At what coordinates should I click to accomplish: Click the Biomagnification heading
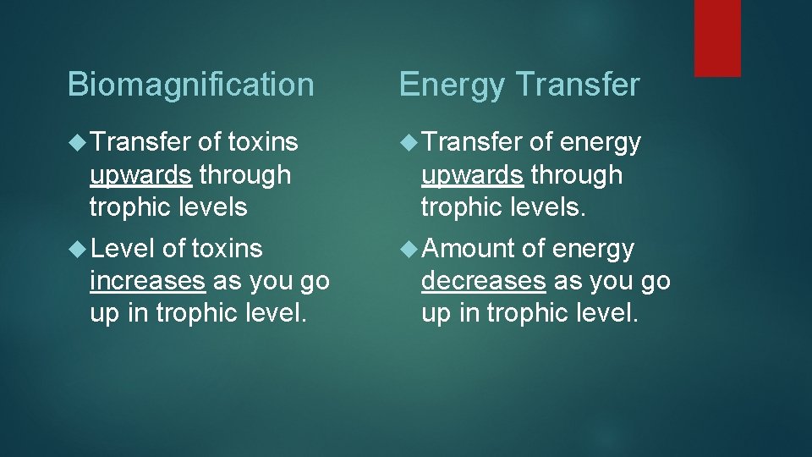(190, 85)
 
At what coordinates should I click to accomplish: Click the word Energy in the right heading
(448, 85)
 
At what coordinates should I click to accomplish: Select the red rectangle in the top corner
(717, 38)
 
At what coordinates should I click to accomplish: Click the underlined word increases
(147, 281)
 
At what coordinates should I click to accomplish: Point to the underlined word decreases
(483, 281)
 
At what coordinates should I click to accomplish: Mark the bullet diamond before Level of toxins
(77, 249)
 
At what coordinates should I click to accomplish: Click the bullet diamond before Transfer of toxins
(77, 143)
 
